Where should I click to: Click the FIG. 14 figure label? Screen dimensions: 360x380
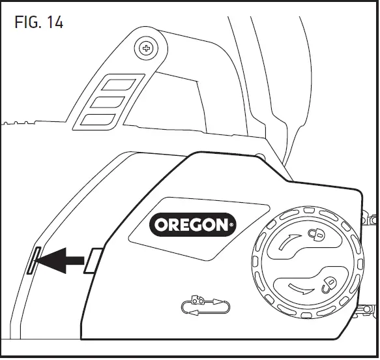38,22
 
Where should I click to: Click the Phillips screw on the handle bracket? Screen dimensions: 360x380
147,48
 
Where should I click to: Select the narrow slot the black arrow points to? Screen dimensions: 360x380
33,260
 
